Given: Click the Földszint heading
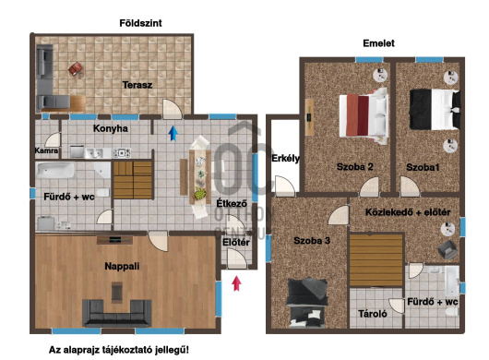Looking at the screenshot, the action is click(140, 23).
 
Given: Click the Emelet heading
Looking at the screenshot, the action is click(378, 43).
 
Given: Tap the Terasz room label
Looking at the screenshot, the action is click(137, 85).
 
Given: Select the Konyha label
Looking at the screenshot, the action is click(111, 128).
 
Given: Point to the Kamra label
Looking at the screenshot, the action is click(46, 150).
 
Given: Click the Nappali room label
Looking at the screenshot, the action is click(122, 266).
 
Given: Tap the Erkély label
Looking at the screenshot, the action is click(285, 158).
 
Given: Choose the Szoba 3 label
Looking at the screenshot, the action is click(312, 241).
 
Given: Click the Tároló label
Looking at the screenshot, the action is click(373, 314).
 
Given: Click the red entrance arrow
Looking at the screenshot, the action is click(237, 283).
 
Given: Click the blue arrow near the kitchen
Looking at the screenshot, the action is click(173, 133).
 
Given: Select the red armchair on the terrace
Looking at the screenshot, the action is click(76, 68).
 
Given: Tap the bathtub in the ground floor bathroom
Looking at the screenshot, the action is click(55, 171).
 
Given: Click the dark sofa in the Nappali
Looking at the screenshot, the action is click(117, 313).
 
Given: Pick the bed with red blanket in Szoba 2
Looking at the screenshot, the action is click(364, 116).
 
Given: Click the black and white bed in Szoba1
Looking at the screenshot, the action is click(435, 110).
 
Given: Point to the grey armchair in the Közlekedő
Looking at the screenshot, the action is click(447, 249).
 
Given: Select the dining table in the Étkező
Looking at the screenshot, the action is click(200, 176).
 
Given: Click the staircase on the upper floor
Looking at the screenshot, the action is click(376, 260).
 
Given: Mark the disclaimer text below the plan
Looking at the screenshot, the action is click(119, 350).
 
